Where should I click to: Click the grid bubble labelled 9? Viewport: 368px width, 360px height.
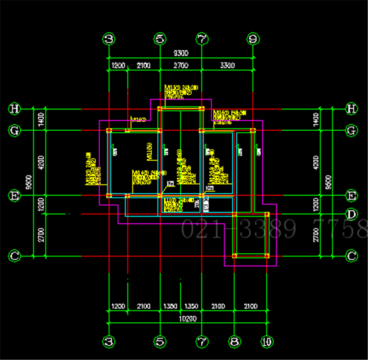(x=252, y=39)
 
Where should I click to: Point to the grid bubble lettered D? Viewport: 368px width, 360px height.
(x=352, y=214)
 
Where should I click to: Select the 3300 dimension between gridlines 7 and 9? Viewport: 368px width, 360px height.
(x=227, y=65)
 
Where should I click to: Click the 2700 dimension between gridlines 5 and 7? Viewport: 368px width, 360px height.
(x=180, y=65)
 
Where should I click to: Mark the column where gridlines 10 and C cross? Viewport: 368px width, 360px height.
(x=267, y=255)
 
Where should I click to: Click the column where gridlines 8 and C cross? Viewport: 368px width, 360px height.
(x=234, y=255)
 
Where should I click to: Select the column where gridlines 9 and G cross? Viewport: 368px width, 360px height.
(x=252, y=131)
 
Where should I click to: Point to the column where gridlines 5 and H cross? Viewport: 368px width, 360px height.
(x=160, y=109)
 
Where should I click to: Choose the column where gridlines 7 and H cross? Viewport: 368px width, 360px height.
(x=201, y=109)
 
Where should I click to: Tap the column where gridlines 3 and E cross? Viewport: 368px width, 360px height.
(x=109, y=196)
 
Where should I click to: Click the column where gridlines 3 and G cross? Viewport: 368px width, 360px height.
(x=109, y=131)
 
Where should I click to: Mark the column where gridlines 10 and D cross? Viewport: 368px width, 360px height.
(x=267, y=214)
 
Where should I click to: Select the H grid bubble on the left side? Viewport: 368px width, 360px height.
(x=15, y=109)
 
